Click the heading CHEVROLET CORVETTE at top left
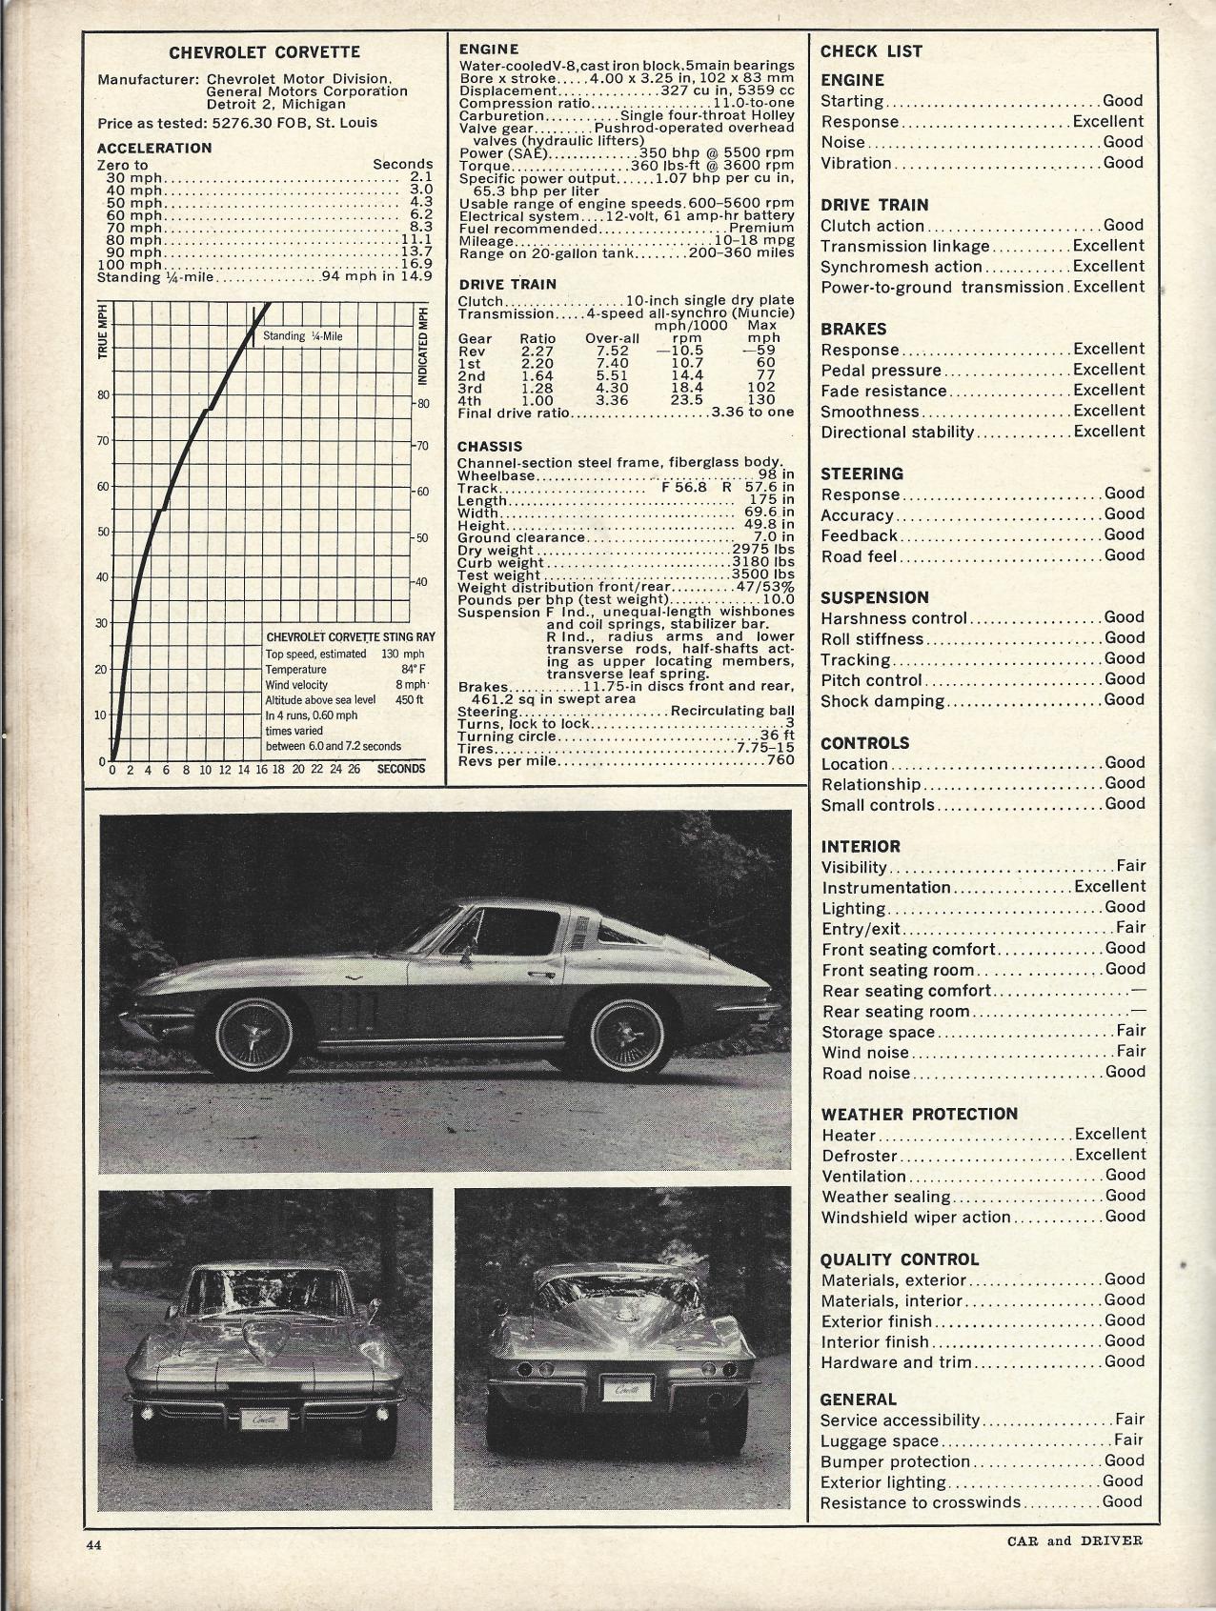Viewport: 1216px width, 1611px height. (265, 53)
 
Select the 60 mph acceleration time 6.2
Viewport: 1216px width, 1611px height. (420, 215)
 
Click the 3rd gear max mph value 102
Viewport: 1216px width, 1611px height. (761, 388)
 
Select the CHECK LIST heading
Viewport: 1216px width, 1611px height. (871, 52)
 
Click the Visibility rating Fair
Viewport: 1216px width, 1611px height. (1130, 866)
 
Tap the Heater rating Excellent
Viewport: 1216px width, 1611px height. (1109, 1134)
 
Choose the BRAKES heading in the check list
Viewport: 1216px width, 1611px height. (853, 329)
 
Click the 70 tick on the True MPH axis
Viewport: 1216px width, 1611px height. (102, 441)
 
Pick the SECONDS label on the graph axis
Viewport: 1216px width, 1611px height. (400, 769)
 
